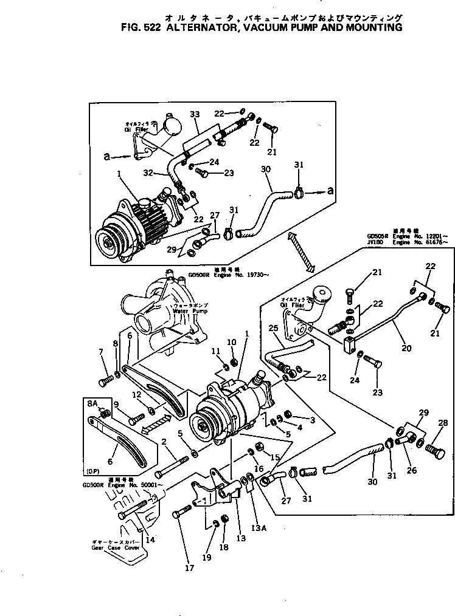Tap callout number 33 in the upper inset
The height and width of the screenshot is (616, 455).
[195, 114]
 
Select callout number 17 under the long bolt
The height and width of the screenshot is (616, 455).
[189, 568]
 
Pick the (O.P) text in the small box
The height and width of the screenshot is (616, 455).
[94, 471]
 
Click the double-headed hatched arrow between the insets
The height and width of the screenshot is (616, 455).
[300, 251]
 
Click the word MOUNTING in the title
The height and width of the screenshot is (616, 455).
[372, 27]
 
